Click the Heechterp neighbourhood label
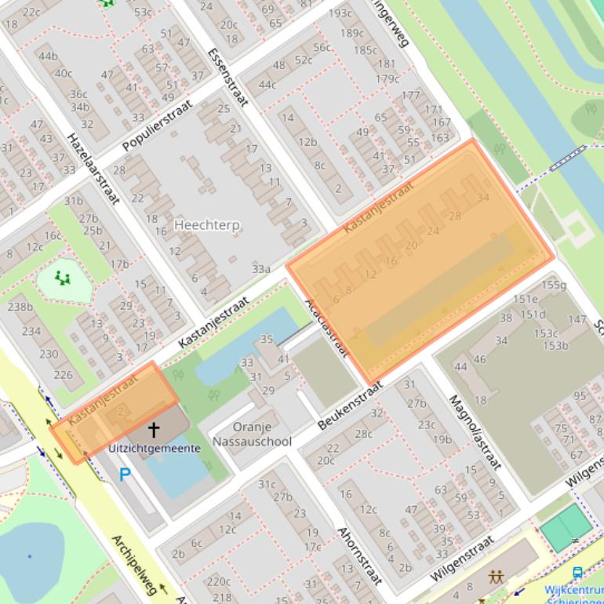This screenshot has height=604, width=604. (x=207, y=225)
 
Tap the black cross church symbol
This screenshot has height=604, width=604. (x=154, y=429)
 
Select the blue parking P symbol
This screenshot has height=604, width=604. (x=125, y=475)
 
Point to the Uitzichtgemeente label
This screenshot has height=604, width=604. (x=155, y=448)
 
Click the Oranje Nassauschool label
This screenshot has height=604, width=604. (x=252, y=435)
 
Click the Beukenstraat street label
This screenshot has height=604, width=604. (x=349, y=406)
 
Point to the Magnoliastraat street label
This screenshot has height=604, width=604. (x=473, y=431)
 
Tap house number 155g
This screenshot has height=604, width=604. (x=553, y=285)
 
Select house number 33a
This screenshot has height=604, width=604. (x=261, y=268)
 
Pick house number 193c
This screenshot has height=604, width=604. (x=340, y=13)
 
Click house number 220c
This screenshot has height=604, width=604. (x=219, y=581)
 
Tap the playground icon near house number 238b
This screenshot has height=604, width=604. (x=62, y=278)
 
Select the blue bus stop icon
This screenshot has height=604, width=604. (x=578, y=573)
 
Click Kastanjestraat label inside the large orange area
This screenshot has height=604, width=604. (x=378, y=207)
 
